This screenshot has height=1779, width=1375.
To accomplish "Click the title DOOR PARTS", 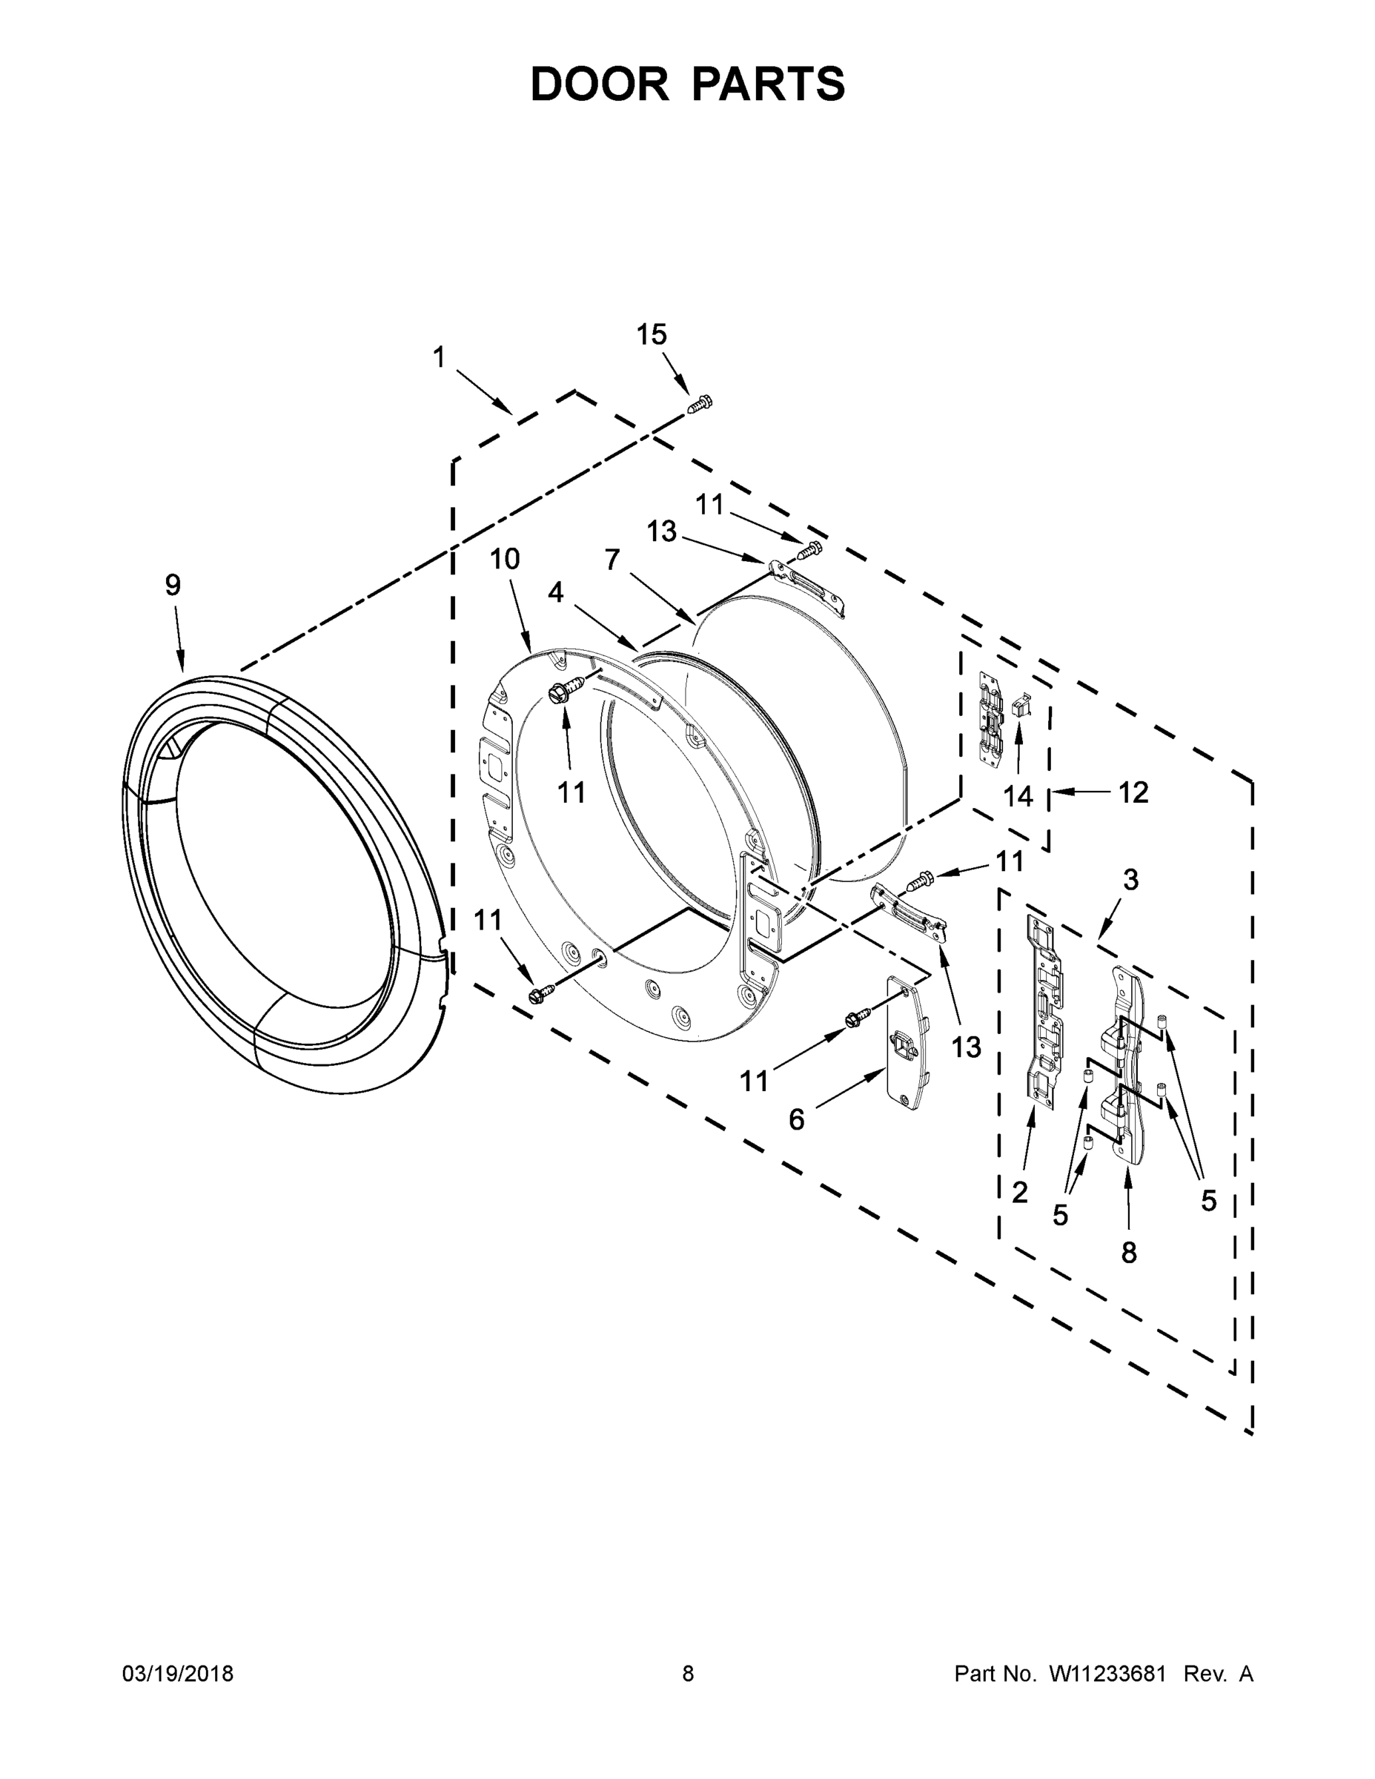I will (x=688, y=84).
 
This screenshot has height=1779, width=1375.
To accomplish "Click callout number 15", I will (x=651, y=335).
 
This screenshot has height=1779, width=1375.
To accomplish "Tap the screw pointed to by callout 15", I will (x=700, y=403).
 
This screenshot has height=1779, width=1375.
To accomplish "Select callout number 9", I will (x=173, y=585).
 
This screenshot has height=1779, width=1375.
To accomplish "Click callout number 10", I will (x=504, y=559).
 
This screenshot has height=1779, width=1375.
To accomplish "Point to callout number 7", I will (x=612, y=560).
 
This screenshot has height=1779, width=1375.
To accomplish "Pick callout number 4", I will (x=555, y=592).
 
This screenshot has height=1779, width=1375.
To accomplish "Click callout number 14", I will (x=1018, y=796).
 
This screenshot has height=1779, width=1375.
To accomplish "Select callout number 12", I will (x=1133, y=792).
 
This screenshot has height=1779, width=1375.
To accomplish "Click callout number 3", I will (x=1130, y=880).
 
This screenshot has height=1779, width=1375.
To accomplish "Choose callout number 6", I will (x=796, y=1120).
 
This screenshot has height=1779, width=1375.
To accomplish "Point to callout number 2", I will (x=1019, y=1193).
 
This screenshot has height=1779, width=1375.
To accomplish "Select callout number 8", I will (x=1128, y=1253).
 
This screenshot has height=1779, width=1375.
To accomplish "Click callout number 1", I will (x=439, y=357).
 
